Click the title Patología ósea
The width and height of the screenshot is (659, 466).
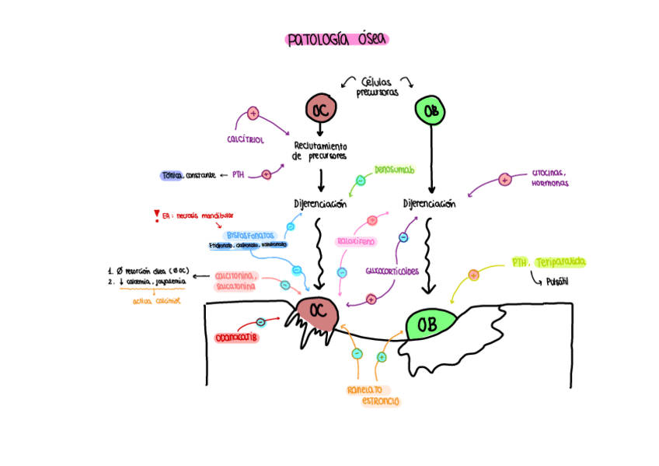336,40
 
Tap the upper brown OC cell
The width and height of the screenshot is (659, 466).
320,110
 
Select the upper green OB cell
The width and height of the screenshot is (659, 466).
431,111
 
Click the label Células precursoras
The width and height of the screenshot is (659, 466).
378,86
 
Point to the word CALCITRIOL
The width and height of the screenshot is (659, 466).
246,139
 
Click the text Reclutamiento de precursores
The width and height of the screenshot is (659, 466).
320,151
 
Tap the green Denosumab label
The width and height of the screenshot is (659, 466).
394,169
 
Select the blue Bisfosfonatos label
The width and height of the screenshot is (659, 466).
249,235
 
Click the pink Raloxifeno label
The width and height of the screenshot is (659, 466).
356,241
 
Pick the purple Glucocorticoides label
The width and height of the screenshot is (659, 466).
392,272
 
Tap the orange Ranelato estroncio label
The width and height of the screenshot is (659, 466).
370,395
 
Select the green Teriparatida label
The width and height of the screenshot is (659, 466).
560,262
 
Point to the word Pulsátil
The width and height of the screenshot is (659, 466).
556,282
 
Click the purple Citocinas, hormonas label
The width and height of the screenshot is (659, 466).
550,178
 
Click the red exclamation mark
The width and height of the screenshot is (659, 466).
157,215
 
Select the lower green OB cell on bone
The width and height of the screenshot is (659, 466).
427,324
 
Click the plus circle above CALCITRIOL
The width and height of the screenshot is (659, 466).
253,114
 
